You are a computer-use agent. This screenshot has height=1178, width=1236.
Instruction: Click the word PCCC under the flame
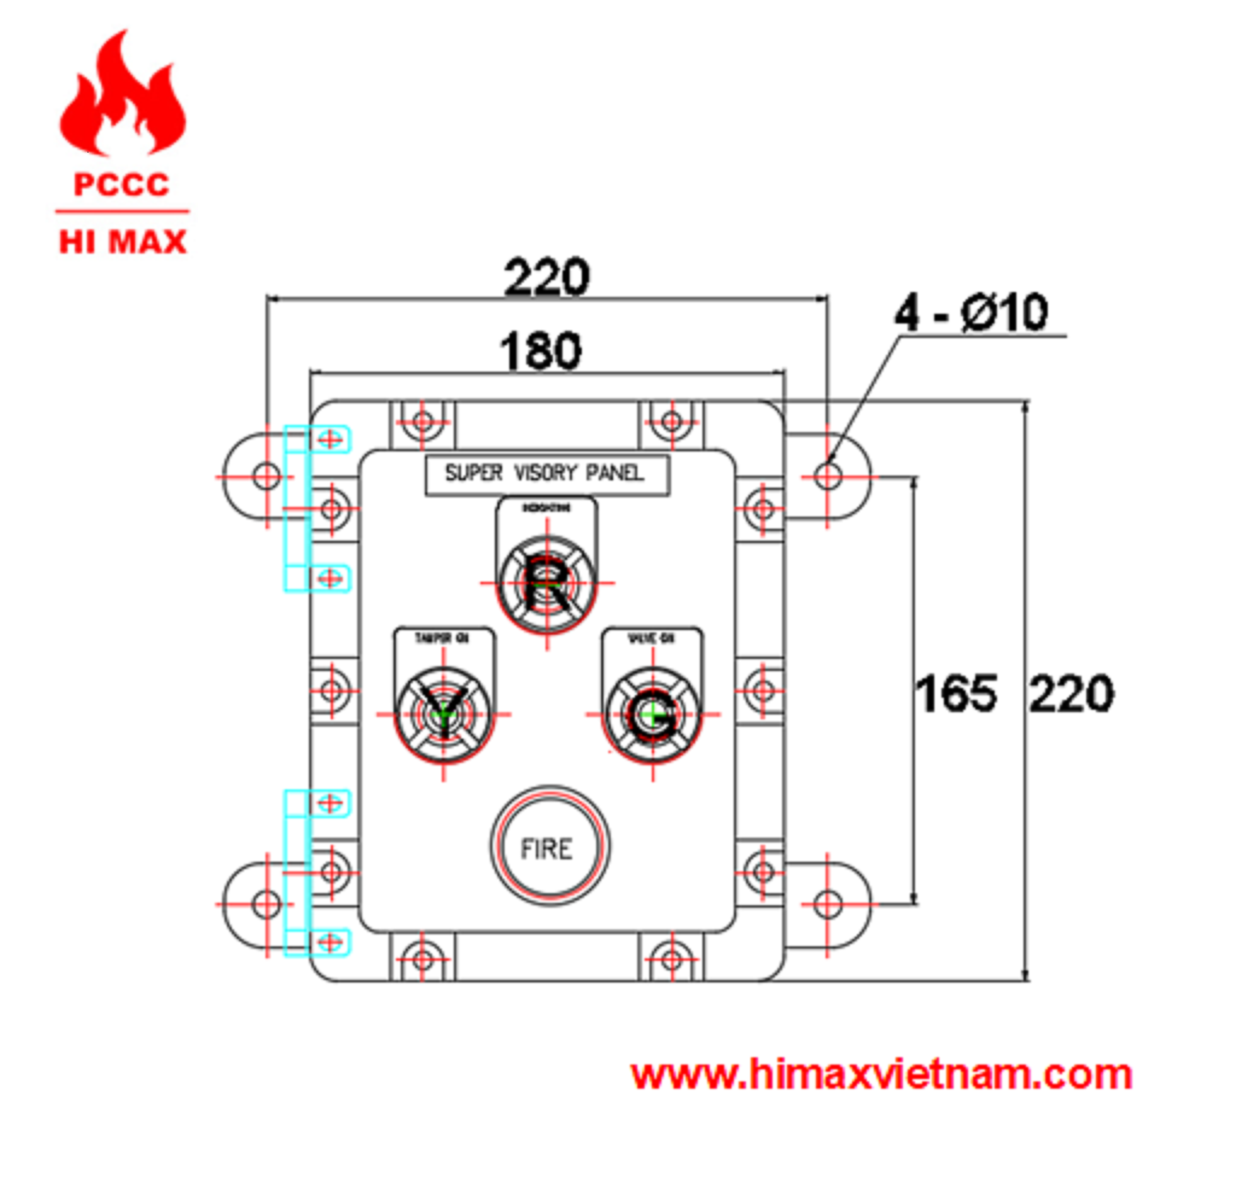[x=122, y=184]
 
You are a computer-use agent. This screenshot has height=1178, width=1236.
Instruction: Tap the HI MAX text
[x=123, y=242]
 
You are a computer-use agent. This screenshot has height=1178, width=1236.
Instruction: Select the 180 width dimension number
[x=540, y=351]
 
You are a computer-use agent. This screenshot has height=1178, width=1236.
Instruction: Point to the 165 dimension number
[x=956, y=694]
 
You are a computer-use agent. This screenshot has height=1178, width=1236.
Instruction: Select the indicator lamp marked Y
[x=443, y=715]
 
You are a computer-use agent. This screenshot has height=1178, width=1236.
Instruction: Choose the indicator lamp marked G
[x=653, y=715]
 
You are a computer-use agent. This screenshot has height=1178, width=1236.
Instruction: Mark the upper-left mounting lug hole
[x=267, y=476]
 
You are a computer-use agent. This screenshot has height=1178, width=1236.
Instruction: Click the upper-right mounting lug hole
[x=827, y=476]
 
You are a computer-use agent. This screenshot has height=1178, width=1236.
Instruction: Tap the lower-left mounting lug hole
[x=267, y=904]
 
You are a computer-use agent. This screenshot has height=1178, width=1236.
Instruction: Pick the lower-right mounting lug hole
[x=827, y=905]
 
